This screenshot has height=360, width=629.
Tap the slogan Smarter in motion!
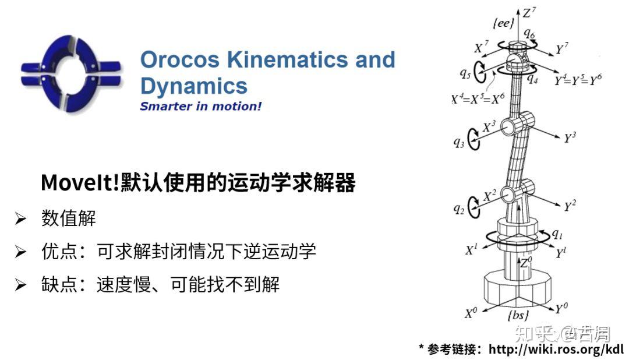200,107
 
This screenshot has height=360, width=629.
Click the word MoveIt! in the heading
80,183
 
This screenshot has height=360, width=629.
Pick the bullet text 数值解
69,218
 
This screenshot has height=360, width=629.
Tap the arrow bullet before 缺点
20,284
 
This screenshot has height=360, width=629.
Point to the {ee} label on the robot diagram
503,23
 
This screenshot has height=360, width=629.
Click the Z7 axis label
529,13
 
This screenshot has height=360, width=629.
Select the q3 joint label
459,143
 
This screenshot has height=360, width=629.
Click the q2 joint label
459,209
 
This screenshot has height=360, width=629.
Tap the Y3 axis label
570,137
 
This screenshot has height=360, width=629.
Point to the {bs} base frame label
518,315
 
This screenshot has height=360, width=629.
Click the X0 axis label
471,313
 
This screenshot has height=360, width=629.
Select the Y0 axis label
561,308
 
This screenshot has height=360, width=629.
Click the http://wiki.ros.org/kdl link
556,349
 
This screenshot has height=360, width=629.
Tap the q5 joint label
465,73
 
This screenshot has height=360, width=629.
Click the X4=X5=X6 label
478,98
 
